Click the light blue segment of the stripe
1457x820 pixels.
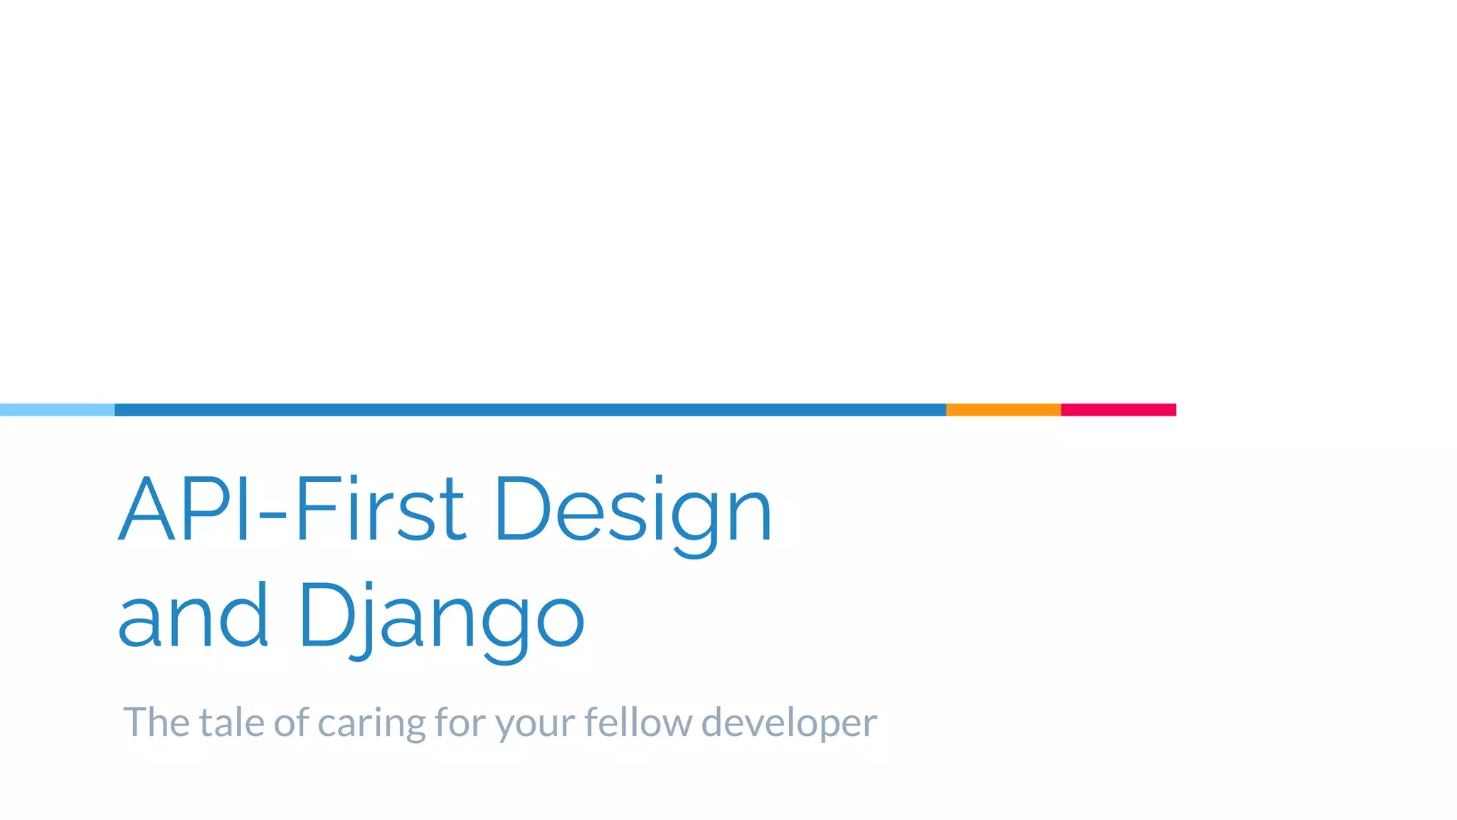[x=57, y=409]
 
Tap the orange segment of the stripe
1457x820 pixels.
[x=1003, y=409]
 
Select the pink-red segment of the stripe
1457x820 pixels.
[x=1118, y=409]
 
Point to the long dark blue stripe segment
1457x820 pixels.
[x=530, y=409]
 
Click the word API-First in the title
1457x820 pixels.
[x=292, y=508]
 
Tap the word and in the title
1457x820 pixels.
[x=193, y=615]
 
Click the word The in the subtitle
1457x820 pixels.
[x=156, y=722]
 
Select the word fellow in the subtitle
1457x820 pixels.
[x=637, y=722]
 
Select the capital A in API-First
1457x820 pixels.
[x=147, y=508]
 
